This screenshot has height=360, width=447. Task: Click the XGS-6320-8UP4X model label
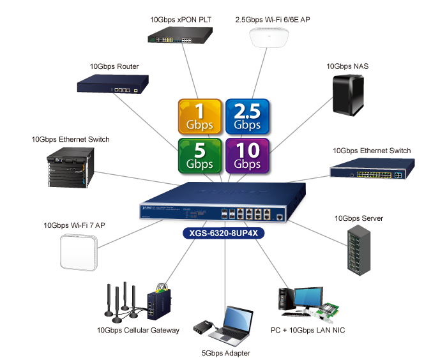coord(223,234)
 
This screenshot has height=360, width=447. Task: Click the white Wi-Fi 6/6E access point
coord(275,39)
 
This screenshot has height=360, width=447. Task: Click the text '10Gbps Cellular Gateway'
coord(137,331)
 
